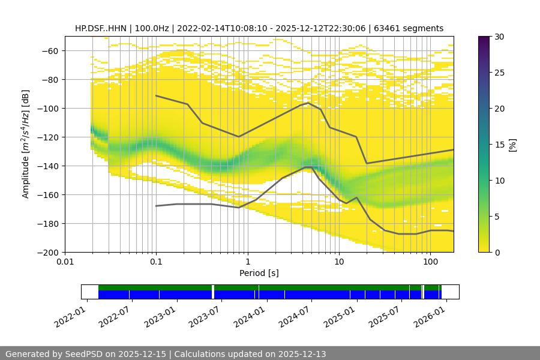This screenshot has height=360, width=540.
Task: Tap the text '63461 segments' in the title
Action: tap(413, 28)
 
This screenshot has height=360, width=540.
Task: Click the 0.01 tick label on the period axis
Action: tap(65, 262)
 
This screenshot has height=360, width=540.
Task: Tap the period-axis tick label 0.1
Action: tap(156, 262)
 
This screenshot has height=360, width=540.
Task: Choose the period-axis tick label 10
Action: tap(338, 262)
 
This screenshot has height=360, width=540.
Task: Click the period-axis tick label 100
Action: tap(430, 262)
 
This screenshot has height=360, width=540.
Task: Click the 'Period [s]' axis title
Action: tap(259, 273)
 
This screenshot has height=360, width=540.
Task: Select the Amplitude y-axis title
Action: tap(26, 144)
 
